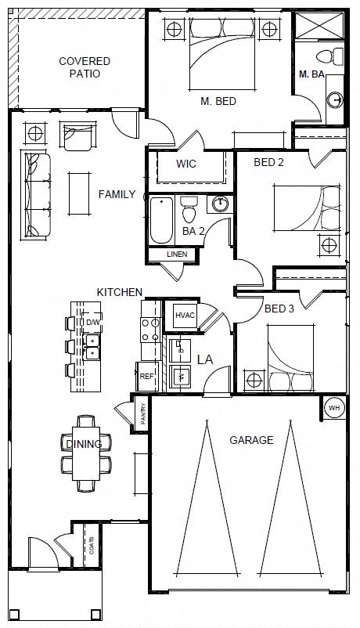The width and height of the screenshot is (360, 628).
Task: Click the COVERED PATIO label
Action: click(85, 67)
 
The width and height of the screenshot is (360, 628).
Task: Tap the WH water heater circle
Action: click(334, 408)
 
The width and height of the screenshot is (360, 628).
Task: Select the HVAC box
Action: click(185, 315)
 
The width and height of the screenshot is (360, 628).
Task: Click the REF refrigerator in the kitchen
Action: click(146, 376)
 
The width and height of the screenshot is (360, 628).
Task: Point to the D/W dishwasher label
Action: click(93, 322)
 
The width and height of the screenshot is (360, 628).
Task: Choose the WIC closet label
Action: click(186, 164)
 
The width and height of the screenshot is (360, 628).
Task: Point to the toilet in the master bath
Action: click(334, 56)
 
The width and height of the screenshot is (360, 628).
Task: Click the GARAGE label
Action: click(251, 440)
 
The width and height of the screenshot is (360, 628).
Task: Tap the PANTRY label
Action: click(144, 415)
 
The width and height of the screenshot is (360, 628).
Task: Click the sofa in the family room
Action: click(38, 195)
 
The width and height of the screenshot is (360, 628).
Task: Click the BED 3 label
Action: click(279, 309)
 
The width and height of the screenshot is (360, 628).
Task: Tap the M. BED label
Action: click(218, 101)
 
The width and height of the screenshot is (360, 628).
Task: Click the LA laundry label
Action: click(205, 359)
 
